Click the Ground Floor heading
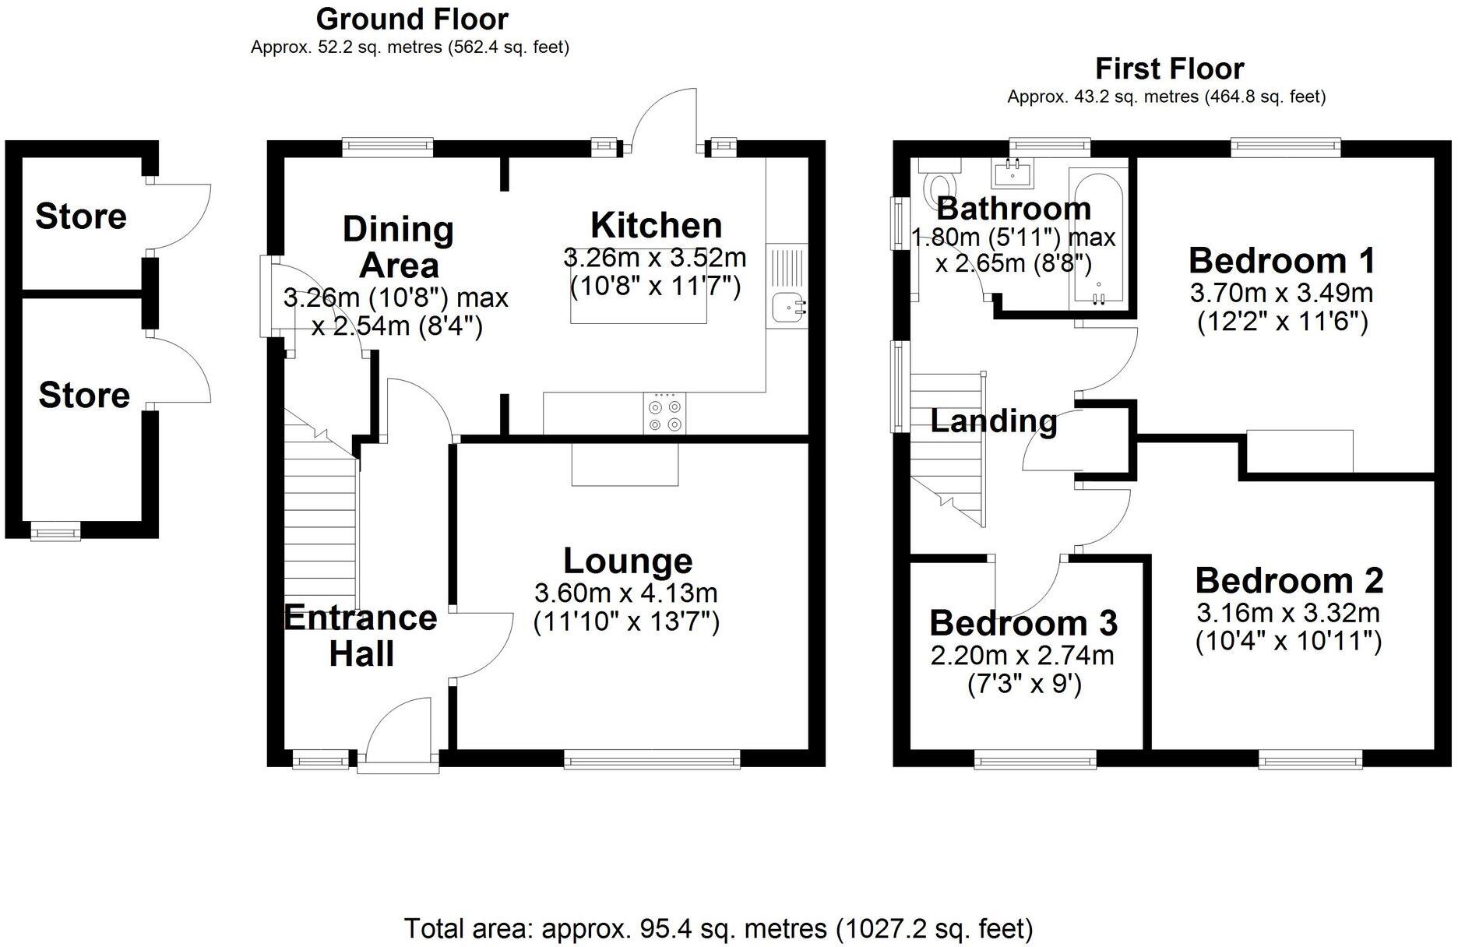(412, 19)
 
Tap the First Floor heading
(1169, 69)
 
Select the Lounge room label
(628, 561)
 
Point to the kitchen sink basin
(787, 309)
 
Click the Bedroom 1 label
(1282, 260)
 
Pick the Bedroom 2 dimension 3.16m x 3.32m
(1288, 613)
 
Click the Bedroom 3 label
(1023, 623)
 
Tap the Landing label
(994, 421)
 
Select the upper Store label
(81, 217)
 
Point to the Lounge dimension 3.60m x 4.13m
(625, 593)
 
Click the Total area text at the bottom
(718, 928)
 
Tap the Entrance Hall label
(361, 635)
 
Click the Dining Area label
(399, 247)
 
